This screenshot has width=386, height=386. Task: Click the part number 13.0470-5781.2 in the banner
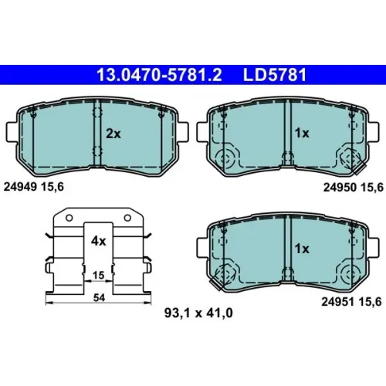click(159, 75)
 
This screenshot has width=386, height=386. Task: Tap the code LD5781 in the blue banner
click(275, 75)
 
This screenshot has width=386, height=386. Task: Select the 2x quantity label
click(113, 134)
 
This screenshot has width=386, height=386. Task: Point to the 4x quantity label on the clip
click(98, 241)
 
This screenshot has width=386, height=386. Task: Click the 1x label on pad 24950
click(302, 134)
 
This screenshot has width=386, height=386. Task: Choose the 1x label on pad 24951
click(302, 249)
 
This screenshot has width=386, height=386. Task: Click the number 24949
click(20, 187)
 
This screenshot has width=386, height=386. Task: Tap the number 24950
click(340, 188)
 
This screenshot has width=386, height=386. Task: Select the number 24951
click(338, 302)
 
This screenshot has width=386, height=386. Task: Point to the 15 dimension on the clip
click(98, 275)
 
